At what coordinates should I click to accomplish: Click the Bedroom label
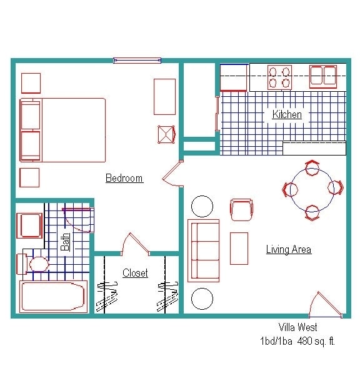point(124,179)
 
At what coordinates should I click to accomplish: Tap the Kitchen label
point(287,115)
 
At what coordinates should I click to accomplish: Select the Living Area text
point(288,250)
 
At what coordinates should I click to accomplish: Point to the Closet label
point(135,273)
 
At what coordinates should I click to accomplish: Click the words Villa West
point(297,327)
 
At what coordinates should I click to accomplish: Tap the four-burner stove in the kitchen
point(279,77)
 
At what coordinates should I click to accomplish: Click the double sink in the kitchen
point(323,76)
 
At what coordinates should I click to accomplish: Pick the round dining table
point(312,188)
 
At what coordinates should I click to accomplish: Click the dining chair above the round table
point(312,167)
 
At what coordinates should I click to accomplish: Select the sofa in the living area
point(203,250)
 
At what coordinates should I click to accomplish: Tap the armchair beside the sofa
point(241,209)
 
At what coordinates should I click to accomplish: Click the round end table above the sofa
point(202,205)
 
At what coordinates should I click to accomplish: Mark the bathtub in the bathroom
point(53,297)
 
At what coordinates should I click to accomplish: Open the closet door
point(134,244)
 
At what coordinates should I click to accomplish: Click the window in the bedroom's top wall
point(137,61)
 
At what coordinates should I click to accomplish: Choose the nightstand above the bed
point(31,83)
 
